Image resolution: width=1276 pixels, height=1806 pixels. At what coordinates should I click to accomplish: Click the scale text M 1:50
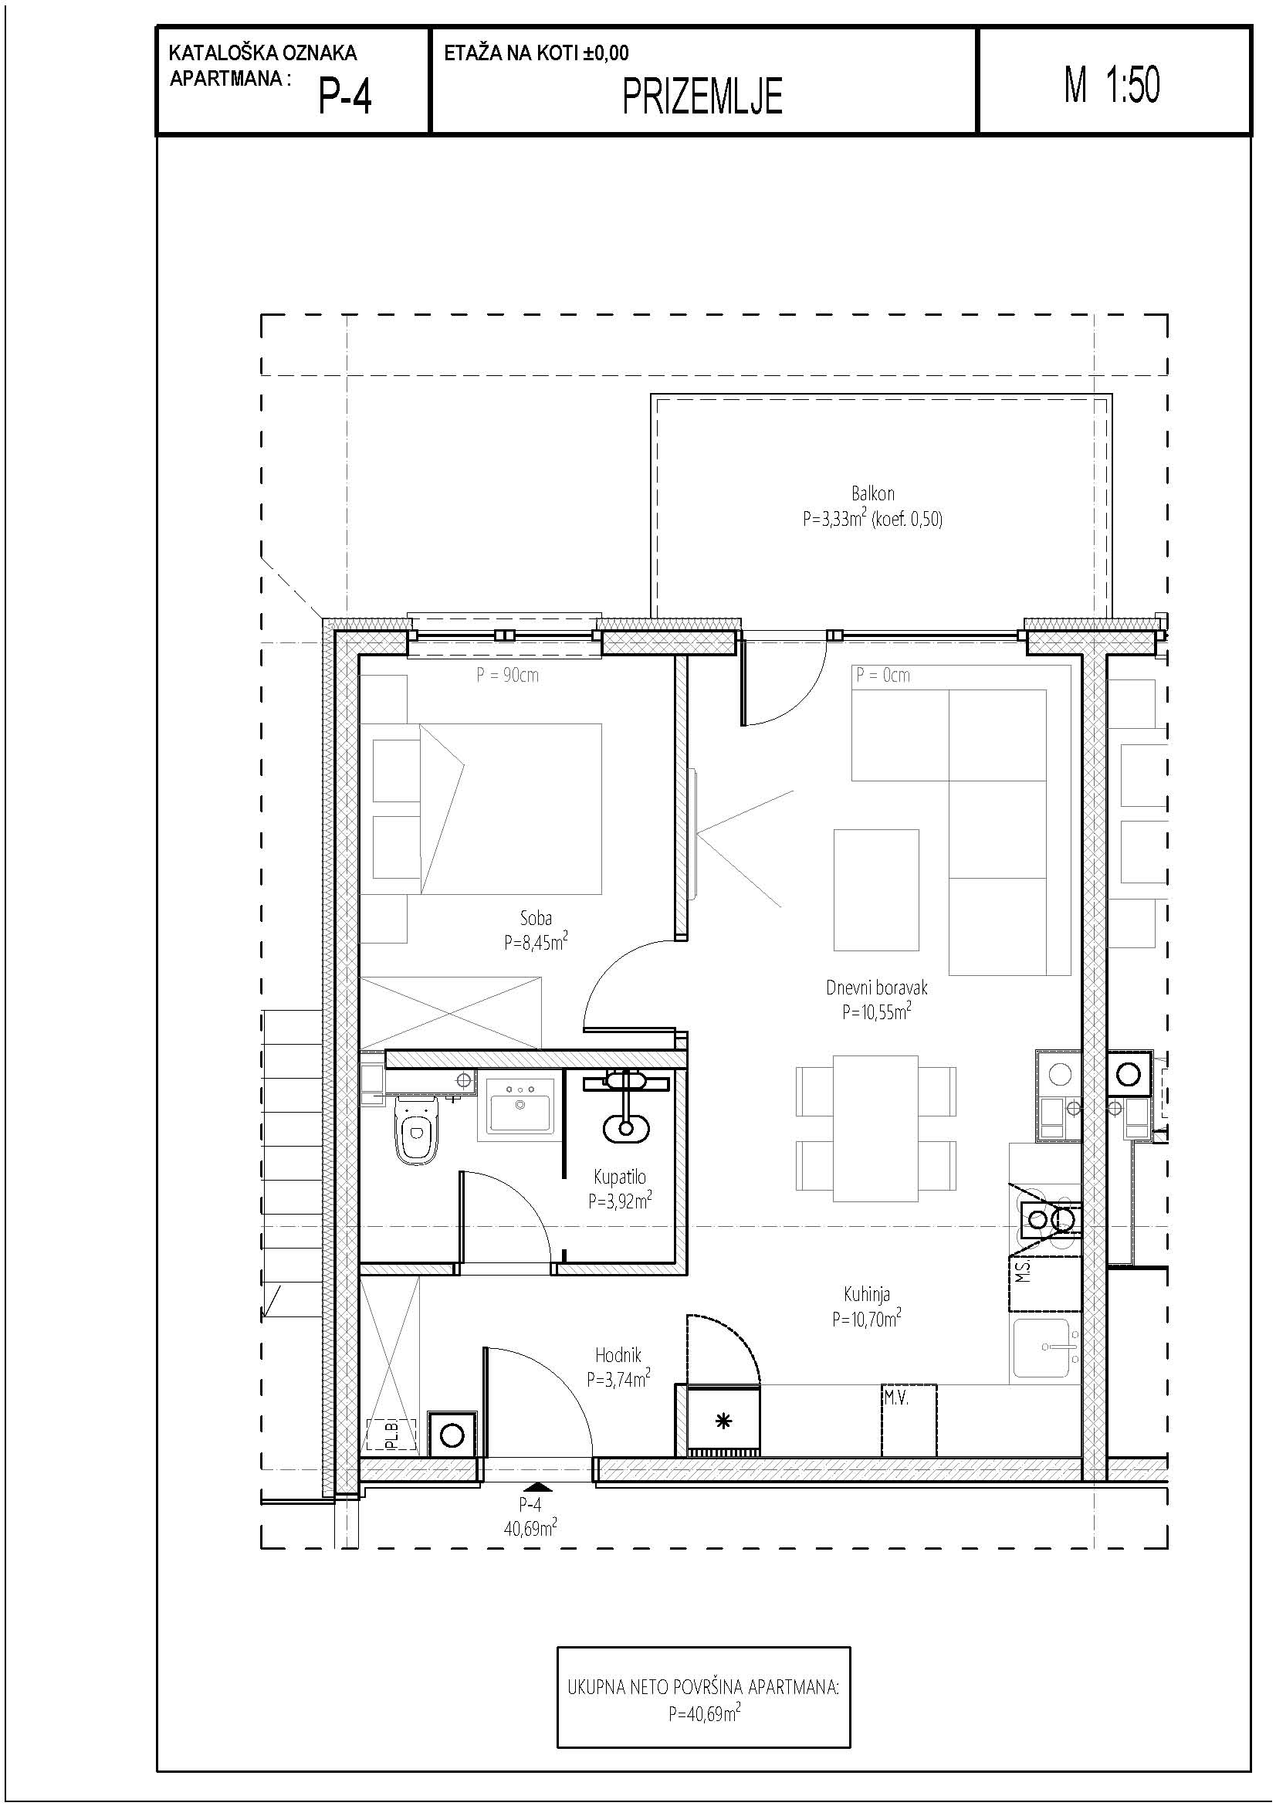click(1112, 85)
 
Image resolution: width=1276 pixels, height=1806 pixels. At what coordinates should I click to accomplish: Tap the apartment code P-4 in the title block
click(345, 97)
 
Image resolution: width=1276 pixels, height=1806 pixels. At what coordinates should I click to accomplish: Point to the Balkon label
click(873, 493)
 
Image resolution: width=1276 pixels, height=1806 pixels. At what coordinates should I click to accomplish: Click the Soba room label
click(536, 917)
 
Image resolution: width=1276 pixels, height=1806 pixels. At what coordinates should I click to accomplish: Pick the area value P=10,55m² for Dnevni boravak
click(877, 1011)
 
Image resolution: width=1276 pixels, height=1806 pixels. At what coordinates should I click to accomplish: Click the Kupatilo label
click(620, 1177)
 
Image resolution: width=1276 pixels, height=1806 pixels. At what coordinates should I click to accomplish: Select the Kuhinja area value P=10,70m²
click(866, 1318)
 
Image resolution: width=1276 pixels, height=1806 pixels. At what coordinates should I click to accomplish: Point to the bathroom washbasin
click(520, 1104)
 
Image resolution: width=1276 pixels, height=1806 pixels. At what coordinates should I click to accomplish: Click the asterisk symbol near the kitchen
click(723, 1421)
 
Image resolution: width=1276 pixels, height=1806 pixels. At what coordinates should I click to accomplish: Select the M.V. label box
click(909, 1420)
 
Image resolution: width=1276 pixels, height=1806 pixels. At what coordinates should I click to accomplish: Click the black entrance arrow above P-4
click(537, 1486)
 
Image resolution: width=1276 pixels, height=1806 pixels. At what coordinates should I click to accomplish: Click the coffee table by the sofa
click(876, 889)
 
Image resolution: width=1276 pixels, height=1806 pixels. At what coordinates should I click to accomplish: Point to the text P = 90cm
click(507, 675)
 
